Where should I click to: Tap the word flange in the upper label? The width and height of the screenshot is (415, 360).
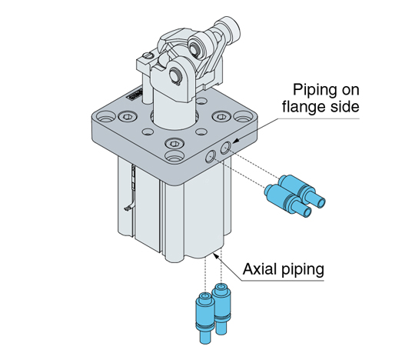click(302, 106)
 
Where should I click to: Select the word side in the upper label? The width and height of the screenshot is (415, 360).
click(343, 106)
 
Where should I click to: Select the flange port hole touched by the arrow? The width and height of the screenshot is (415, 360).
click(225, 147)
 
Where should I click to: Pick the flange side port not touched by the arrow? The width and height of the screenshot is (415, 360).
click(211, 157)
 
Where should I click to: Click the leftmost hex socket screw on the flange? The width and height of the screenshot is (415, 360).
click(128, 117)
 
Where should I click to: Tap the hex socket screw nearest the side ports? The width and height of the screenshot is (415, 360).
click(174, 144)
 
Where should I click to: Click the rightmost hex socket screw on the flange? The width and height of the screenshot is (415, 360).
click(221, 116)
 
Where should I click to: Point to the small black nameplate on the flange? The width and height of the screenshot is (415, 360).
click(134, 95)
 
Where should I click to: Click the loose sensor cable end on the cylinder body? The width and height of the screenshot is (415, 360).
click(128, 208)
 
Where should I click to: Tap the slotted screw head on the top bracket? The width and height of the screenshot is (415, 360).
click(148, 55)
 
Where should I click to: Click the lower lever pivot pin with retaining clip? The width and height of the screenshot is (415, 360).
click(175, 74)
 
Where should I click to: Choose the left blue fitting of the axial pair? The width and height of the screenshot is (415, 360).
click(205, 318)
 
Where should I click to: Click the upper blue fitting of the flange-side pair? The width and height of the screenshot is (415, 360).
click(302, 191)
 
